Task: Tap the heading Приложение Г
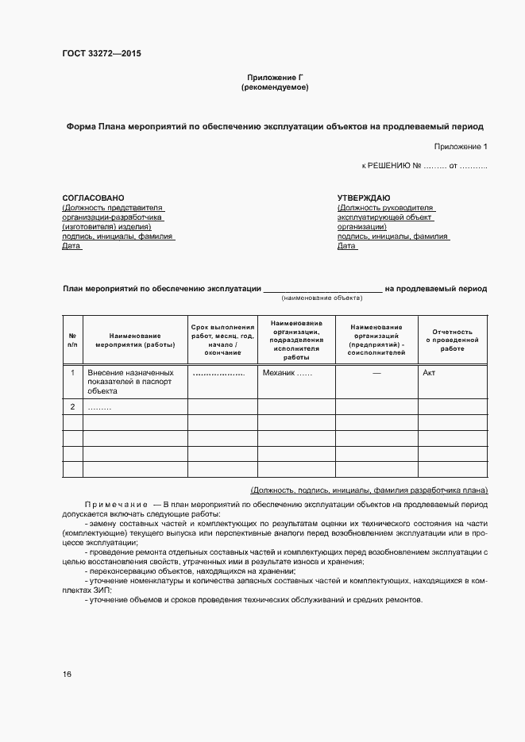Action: (x=275, y=77)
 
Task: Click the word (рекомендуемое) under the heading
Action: (x=275, y=87)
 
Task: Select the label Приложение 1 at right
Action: (x=461, y=147)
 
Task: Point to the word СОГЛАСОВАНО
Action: (x=93, y=198)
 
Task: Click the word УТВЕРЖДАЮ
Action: (x=363, y=198)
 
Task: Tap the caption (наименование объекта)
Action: (x=322, y=298)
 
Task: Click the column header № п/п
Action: (x=72, y=340)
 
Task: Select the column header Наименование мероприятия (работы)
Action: (x=135, y=340)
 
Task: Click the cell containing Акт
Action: (x=429, y=372)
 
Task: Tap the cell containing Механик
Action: (x=287, y=372)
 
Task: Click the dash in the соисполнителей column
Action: (x=376, y=372)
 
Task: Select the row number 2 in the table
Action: (x=72, y=407)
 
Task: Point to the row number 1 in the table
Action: (x=72, y=372)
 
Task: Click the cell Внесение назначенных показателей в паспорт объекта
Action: (x=130, y=381)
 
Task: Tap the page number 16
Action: (x=67, y=675)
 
